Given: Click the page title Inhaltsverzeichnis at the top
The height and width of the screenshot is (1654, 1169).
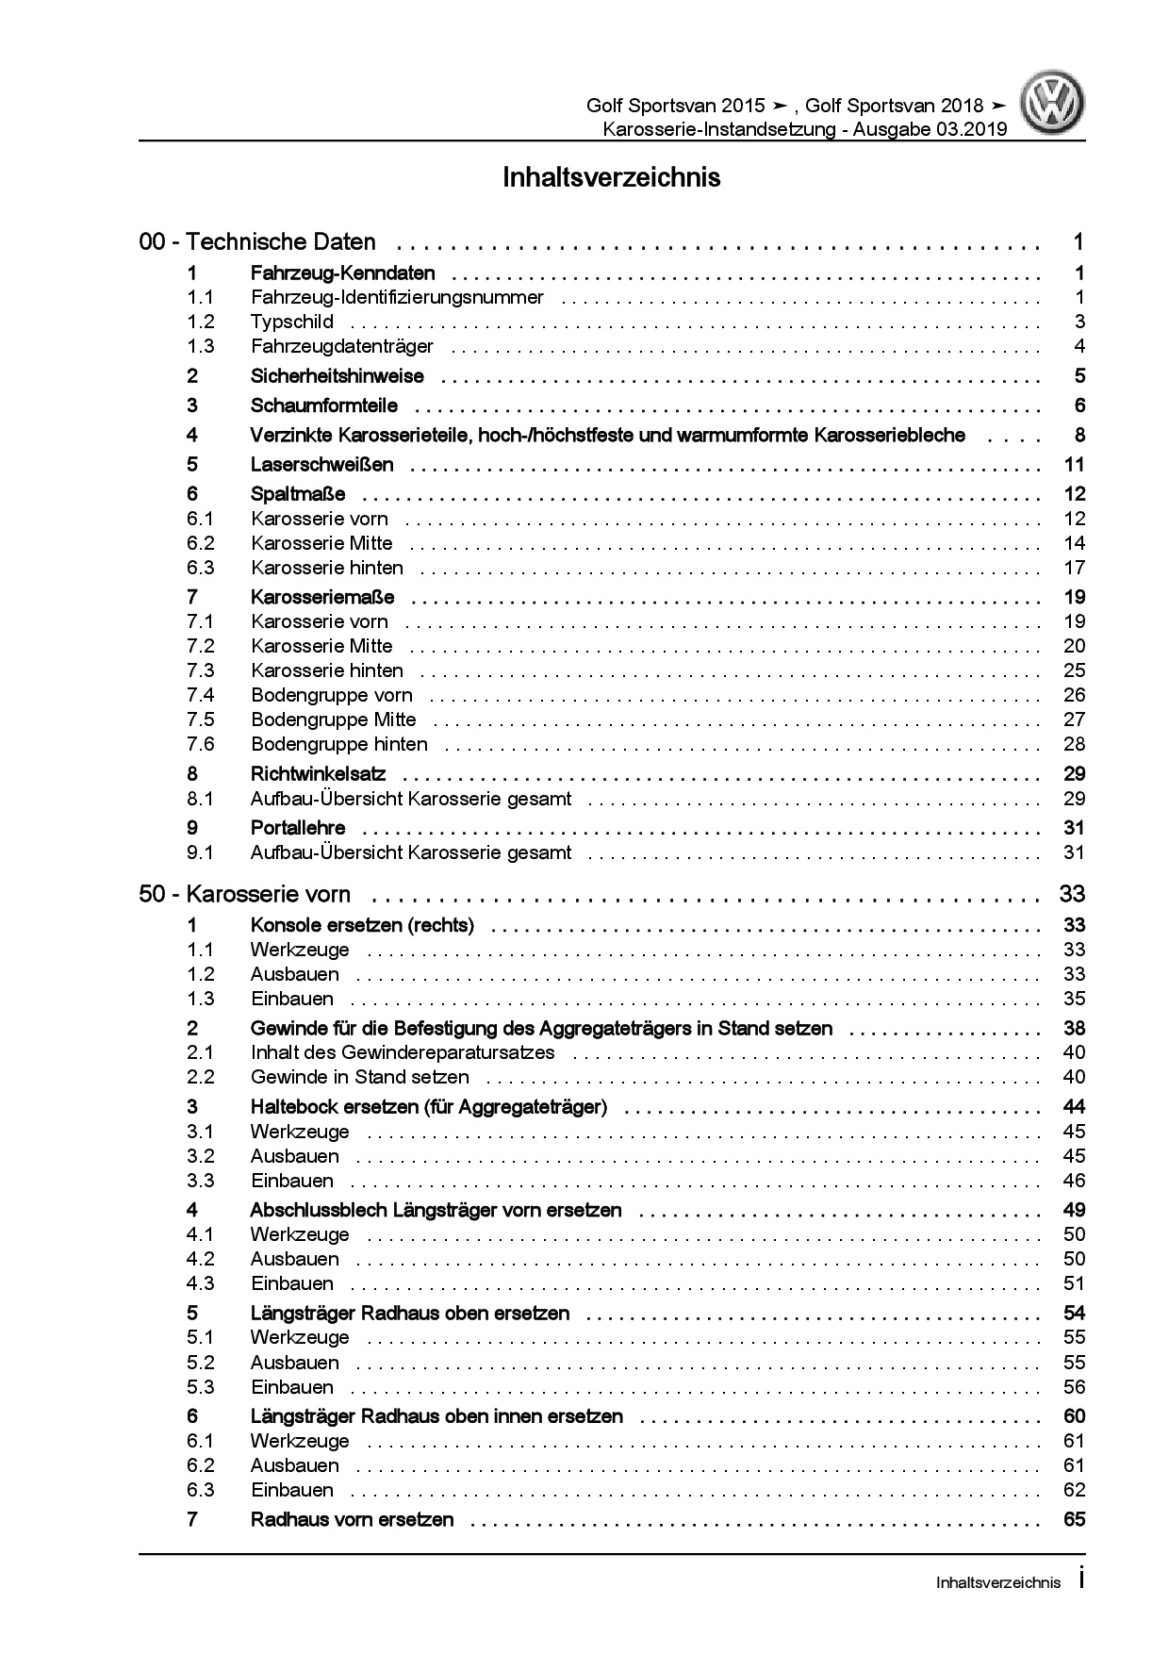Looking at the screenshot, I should coord(611,177).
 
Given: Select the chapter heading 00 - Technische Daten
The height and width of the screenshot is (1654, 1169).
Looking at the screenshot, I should coord(257,242).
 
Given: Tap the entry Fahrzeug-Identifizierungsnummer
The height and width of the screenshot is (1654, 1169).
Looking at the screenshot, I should coord(397,298).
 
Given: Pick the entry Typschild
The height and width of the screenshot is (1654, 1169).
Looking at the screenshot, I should coord(291,323).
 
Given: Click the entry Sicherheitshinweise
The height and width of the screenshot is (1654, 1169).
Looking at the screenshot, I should coord(337,376).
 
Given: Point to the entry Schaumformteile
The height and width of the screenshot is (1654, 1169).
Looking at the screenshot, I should coord(323,406).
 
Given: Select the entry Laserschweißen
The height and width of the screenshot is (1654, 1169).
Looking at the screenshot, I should coord(321,465).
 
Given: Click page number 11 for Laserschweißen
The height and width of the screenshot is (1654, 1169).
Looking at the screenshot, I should coord(1074,465).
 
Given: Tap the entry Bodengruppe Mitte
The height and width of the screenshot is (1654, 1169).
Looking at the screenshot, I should coord(333,719).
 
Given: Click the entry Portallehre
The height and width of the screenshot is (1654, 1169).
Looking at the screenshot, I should coord(298,828).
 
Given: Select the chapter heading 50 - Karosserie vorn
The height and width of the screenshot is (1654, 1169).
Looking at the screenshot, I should coord(244,894).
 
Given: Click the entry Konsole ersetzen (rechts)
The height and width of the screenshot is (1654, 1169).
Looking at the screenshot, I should coord(362,925).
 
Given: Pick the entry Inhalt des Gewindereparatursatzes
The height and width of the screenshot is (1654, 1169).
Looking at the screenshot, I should coord(403,1052).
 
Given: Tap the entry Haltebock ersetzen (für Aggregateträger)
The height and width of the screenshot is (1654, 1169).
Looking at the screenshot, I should coord(428,1107).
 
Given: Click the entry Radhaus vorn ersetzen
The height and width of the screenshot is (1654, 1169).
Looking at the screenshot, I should coord(352,1519).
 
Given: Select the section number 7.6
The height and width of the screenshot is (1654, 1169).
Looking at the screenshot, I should coord(201,744).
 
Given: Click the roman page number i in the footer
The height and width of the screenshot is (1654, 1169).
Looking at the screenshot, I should coord(1080,1580).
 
